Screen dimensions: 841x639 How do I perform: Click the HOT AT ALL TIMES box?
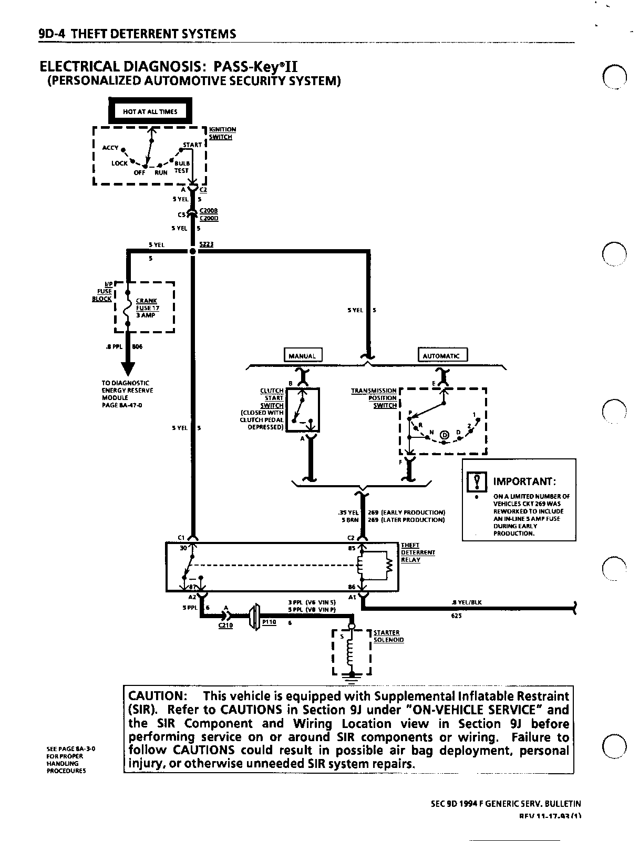[150, 111]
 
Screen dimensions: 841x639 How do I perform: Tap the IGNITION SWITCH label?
[222, 133]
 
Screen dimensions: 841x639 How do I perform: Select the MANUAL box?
[303, 356]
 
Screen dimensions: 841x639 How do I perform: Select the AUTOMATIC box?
[441, 356]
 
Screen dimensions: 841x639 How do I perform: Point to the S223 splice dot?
[192, 251]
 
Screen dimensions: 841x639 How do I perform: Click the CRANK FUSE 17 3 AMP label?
[147, 308]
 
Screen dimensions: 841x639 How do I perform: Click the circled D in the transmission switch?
[444, 435]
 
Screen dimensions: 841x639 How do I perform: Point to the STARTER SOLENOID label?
[388, 636]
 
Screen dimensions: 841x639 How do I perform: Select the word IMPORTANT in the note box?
[524, 481]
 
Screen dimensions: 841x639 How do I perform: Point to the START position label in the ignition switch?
[192, 145]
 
